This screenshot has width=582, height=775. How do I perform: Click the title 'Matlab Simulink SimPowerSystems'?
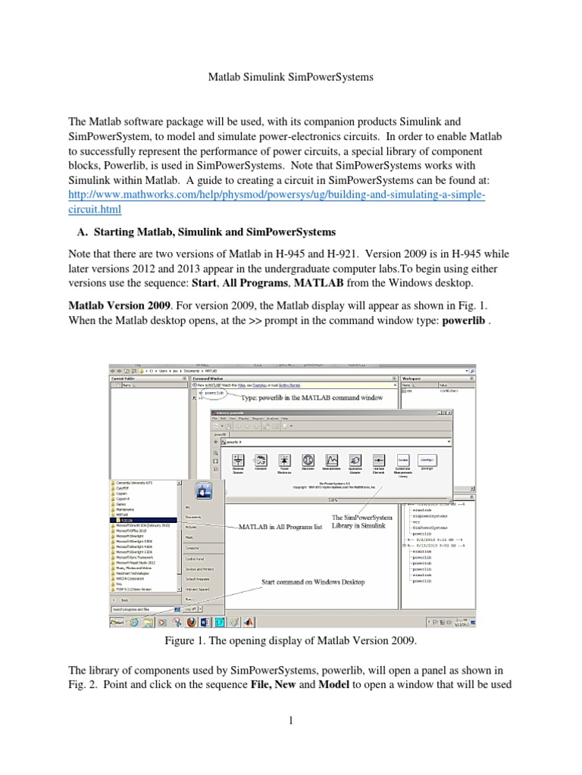pyautogui.click(x=291, y=76)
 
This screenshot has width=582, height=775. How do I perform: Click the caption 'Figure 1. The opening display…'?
pyautogui.click(x=291, y=640)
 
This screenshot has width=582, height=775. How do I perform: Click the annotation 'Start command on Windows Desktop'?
pyautogui.click(x=313, y=582)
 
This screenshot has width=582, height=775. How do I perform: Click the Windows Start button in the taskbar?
pyautogui.click(x=117, y=622)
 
